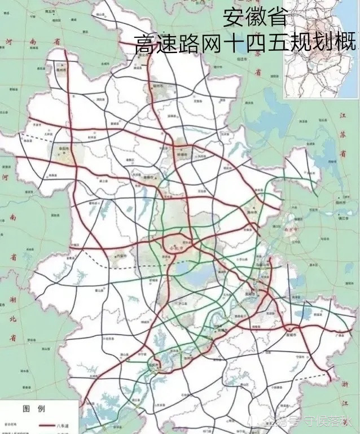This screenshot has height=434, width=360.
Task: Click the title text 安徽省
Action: tap(255, 16)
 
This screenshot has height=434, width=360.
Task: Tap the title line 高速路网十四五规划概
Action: tap(245, 43)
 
